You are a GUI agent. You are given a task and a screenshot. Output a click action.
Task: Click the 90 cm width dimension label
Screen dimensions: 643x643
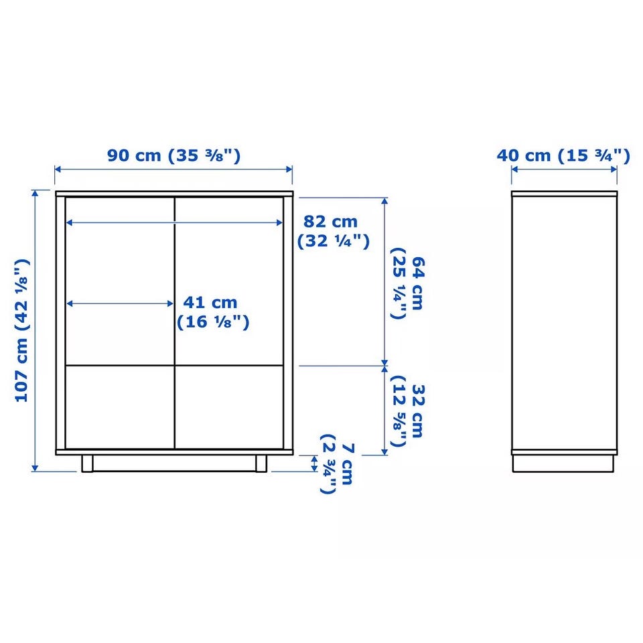pos(174,155)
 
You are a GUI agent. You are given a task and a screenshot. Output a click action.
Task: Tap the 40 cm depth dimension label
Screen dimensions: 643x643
pos(563,155)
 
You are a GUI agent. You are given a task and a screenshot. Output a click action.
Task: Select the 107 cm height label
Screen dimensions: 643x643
pos(21,330)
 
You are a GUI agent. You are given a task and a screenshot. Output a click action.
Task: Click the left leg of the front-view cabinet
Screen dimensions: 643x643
pos(87,463)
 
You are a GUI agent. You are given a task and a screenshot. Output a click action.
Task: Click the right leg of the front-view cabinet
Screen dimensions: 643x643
pos(261,463)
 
